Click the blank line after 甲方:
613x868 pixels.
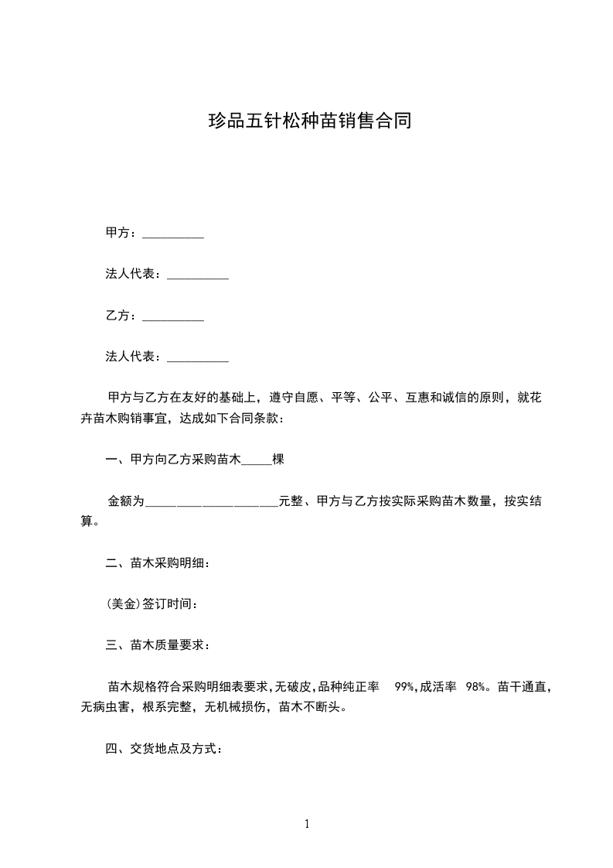coord(173,234)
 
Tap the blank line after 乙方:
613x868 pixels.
coord(173,317)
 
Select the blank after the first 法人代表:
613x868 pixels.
coord(198,275)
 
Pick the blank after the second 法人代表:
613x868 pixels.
coord(198,358)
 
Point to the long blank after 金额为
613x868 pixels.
coord(212,503)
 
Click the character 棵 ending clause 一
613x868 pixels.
coord(279,460)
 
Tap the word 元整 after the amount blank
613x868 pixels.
coord(290,501)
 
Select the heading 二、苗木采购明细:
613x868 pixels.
coord(158,563)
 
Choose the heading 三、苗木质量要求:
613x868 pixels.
coord(158,645)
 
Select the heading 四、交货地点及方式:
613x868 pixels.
coord(165,749)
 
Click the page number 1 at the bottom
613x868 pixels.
coord(307,824)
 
